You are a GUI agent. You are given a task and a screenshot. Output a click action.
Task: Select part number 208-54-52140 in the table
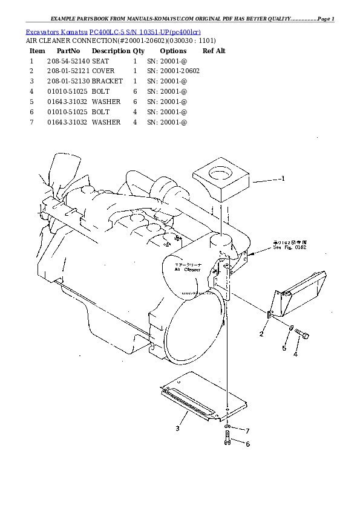pyautogui.click(x=68, y=61)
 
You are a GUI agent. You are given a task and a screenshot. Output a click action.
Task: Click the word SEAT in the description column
pyautogui.click(x=100, y=61)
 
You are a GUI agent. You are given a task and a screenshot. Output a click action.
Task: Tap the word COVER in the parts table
pyautogui.click(x=103, y=71)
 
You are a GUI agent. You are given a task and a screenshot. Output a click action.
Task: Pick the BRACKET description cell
pyautogui.click(x=107, y=81)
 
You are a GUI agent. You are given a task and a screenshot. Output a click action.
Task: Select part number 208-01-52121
pyautogui.click(x=68, y=71)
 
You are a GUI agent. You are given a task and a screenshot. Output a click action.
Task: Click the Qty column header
pyautogui.click(x=139, y=51)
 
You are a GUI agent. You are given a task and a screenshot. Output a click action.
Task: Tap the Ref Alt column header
pyautogui.click(x=214, y=51)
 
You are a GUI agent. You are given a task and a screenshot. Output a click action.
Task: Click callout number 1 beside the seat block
pyautogui.click(x=283, y=178)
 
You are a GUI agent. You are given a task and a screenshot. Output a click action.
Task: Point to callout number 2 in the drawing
pyautogui.click(x=261, y=334)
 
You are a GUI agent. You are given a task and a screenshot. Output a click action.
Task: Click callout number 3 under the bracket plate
pyautogui.click(x=177, y=429)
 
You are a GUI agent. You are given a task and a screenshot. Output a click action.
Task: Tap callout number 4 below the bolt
pyautogui.click(x=295, y=355)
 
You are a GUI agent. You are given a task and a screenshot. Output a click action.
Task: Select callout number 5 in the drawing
pyautogui.click(x=283, y=348)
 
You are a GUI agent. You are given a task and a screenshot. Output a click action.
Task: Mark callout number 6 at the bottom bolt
pyautogui.click(x=247, y=444)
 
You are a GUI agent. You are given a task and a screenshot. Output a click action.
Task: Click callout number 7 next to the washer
pyautogui.click(x=247, y=430)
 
